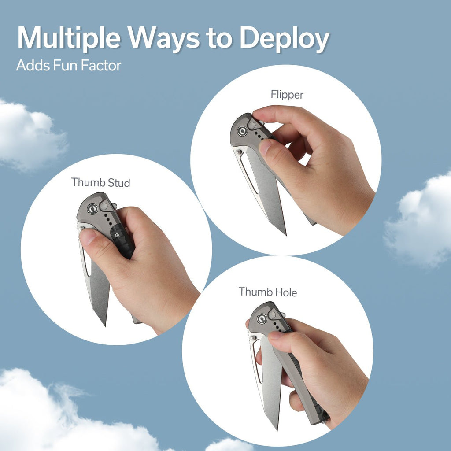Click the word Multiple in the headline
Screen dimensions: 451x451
69,38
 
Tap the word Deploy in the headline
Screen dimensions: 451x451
284,39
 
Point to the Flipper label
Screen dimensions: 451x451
287,95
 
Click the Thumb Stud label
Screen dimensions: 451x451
101,182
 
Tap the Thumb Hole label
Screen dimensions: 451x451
267,292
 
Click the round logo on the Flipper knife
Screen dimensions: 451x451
243,131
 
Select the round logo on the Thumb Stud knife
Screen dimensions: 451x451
92,209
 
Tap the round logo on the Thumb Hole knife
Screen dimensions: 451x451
262,319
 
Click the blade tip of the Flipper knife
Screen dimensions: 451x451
285,234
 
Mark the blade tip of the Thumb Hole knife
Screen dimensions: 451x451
277,429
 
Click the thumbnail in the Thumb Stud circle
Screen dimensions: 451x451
88,237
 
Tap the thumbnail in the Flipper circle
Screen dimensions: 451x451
265,146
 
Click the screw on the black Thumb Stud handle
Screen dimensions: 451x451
117,235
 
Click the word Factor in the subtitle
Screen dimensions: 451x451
101,65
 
